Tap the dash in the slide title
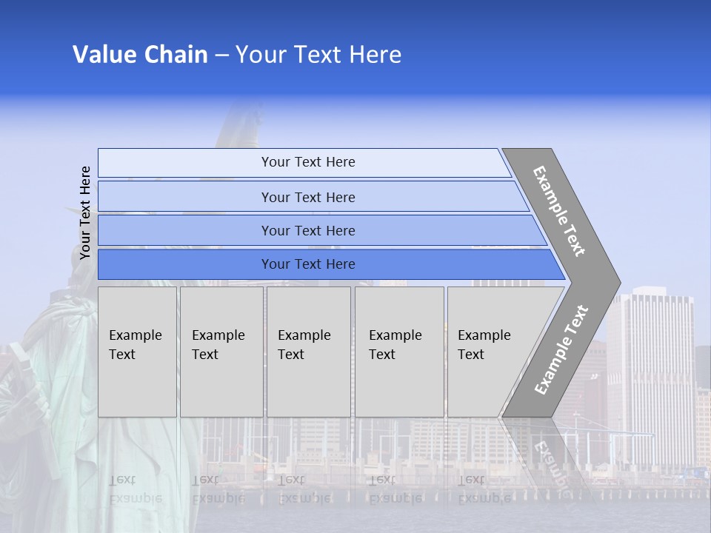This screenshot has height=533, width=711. tap(221, 56)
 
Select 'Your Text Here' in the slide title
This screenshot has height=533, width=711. tap(318, 55)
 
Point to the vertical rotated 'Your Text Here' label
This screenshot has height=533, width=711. tap(85, 212)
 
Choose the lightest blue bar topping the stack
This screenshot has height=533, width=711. tap(307, 162)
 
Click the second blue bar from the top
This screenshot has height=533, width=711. tap(307, 197)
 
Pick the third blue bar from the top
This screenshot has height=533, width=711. tap(307, 230)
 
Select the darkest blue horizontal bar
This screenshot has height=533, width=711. tap(307, 264)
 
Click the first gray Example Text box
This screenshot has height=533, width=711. tap(137, 352)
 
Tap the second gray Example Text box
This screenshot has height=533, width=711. tap(221, 352)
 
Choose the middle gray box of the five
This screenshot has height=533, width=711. tap(308, 352)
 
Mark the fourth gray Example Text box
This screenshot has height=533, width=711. tap(399, 352)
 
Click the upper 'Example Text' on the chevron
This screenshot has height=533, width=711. tap(559, 211)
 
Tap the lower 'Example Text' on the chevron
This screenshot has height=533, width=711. tap(561, 349)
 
